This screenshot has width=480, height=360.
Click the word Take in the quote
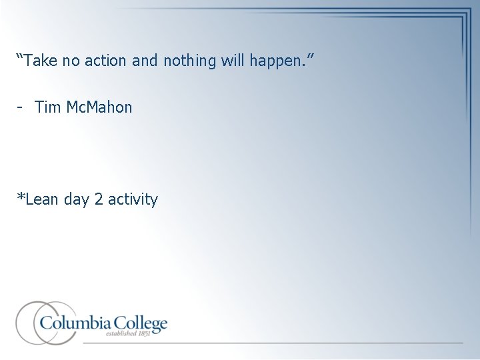click(x=45, y=61)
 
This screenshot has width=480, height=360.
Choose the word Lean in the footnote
click(x=42, y=199)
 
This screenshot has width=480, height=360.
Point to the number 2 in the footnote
click(x=99, y=199)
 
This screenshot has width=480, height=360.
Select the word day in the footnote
click(x=78, y=199)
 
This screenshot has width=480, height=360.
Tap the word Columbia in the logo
click(x=73, y=324)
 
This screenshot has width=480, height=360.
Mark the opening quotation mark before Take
click(x=20, y=59)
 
